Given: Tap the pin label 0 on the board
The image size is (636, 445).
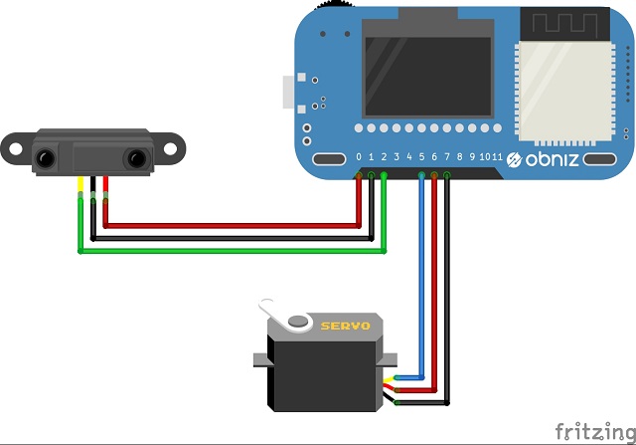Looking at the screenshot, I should coord(359,157).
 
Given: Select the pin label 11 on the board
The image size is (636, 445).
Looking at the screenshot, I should coord(496,157).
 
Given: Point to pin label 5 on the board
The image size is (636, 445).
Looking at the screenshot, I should coord(421,157).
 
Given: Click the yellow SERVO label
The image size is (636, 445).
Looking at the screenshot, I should coord(345,326).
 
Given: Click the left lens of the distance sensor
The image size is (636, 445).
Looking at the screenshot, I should coord(46,157).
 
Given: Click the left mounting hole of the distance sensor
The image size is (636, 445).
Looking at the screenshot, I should coord(14,146).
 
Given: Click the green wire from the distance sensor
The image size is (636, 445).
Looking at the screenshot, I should coord(229,250).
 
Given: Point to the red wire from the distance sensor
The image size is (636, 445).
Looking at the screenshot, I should coord(229,225).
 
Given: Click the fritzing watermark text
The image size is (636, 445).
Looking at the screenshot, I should coord(592,430).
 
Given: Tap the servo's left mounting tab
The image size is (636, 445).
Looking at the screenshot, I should coord(260,359).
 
